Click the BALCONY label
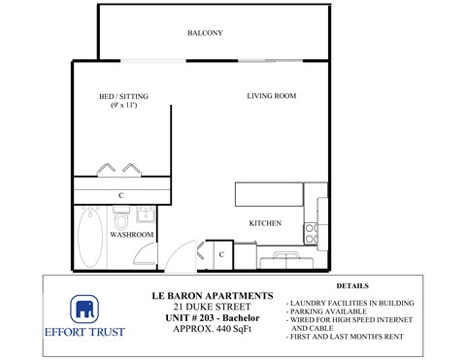click(205, 33)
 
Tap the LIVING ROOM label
click(271, 96)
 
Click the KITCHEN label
click(265, 223)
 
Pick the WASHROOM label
click(131, 235)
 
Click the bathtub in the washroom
click(87, 242)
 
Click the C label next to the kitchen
click(221, 254)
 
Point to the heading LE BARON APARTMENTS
click(213, 295)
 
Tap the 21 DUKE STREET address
click(213, 307)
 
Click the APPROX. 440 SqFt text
click(213, 330)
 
